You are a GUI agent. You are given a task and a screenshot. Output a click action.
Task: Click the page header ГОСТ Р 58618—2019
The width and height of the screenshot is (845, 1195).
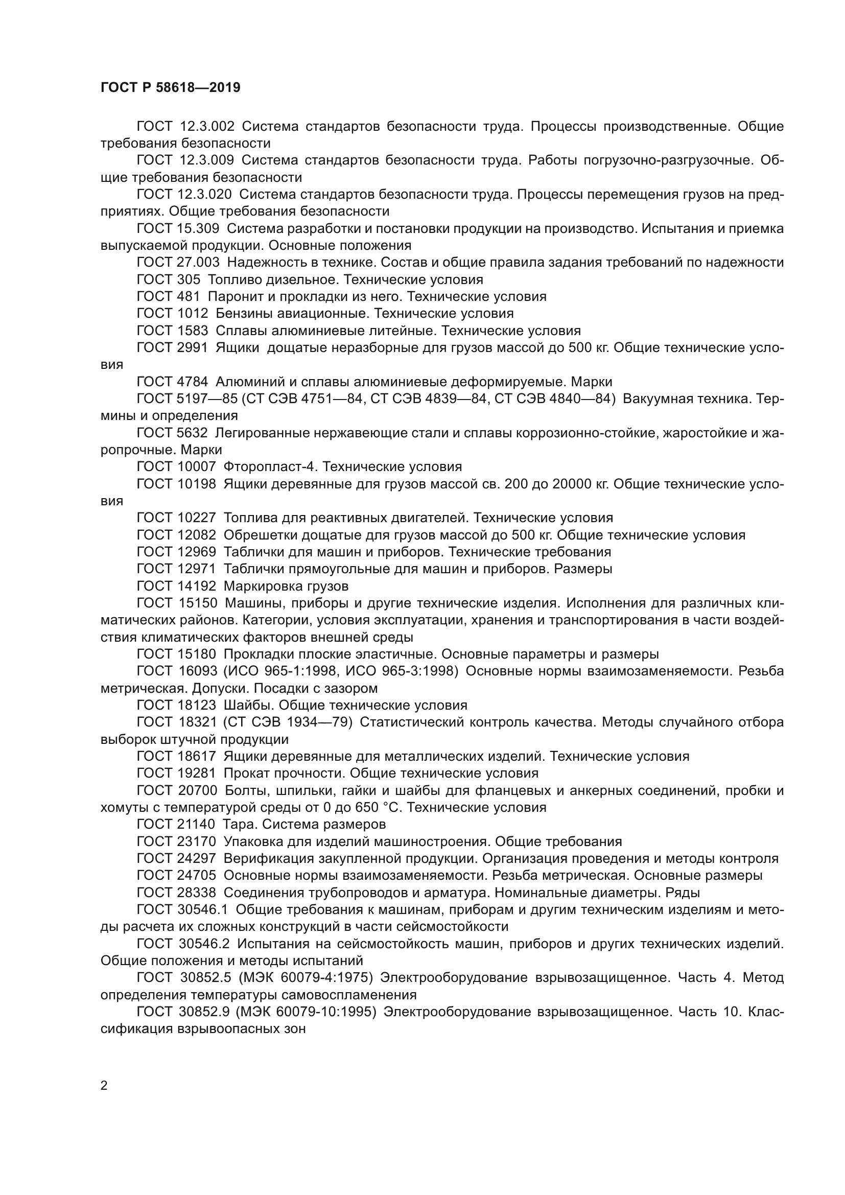coord(170,87)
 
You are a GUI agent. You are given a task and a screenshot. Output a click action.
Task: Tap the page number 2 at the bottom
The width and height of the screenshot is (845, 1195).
coord(104,1086)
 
